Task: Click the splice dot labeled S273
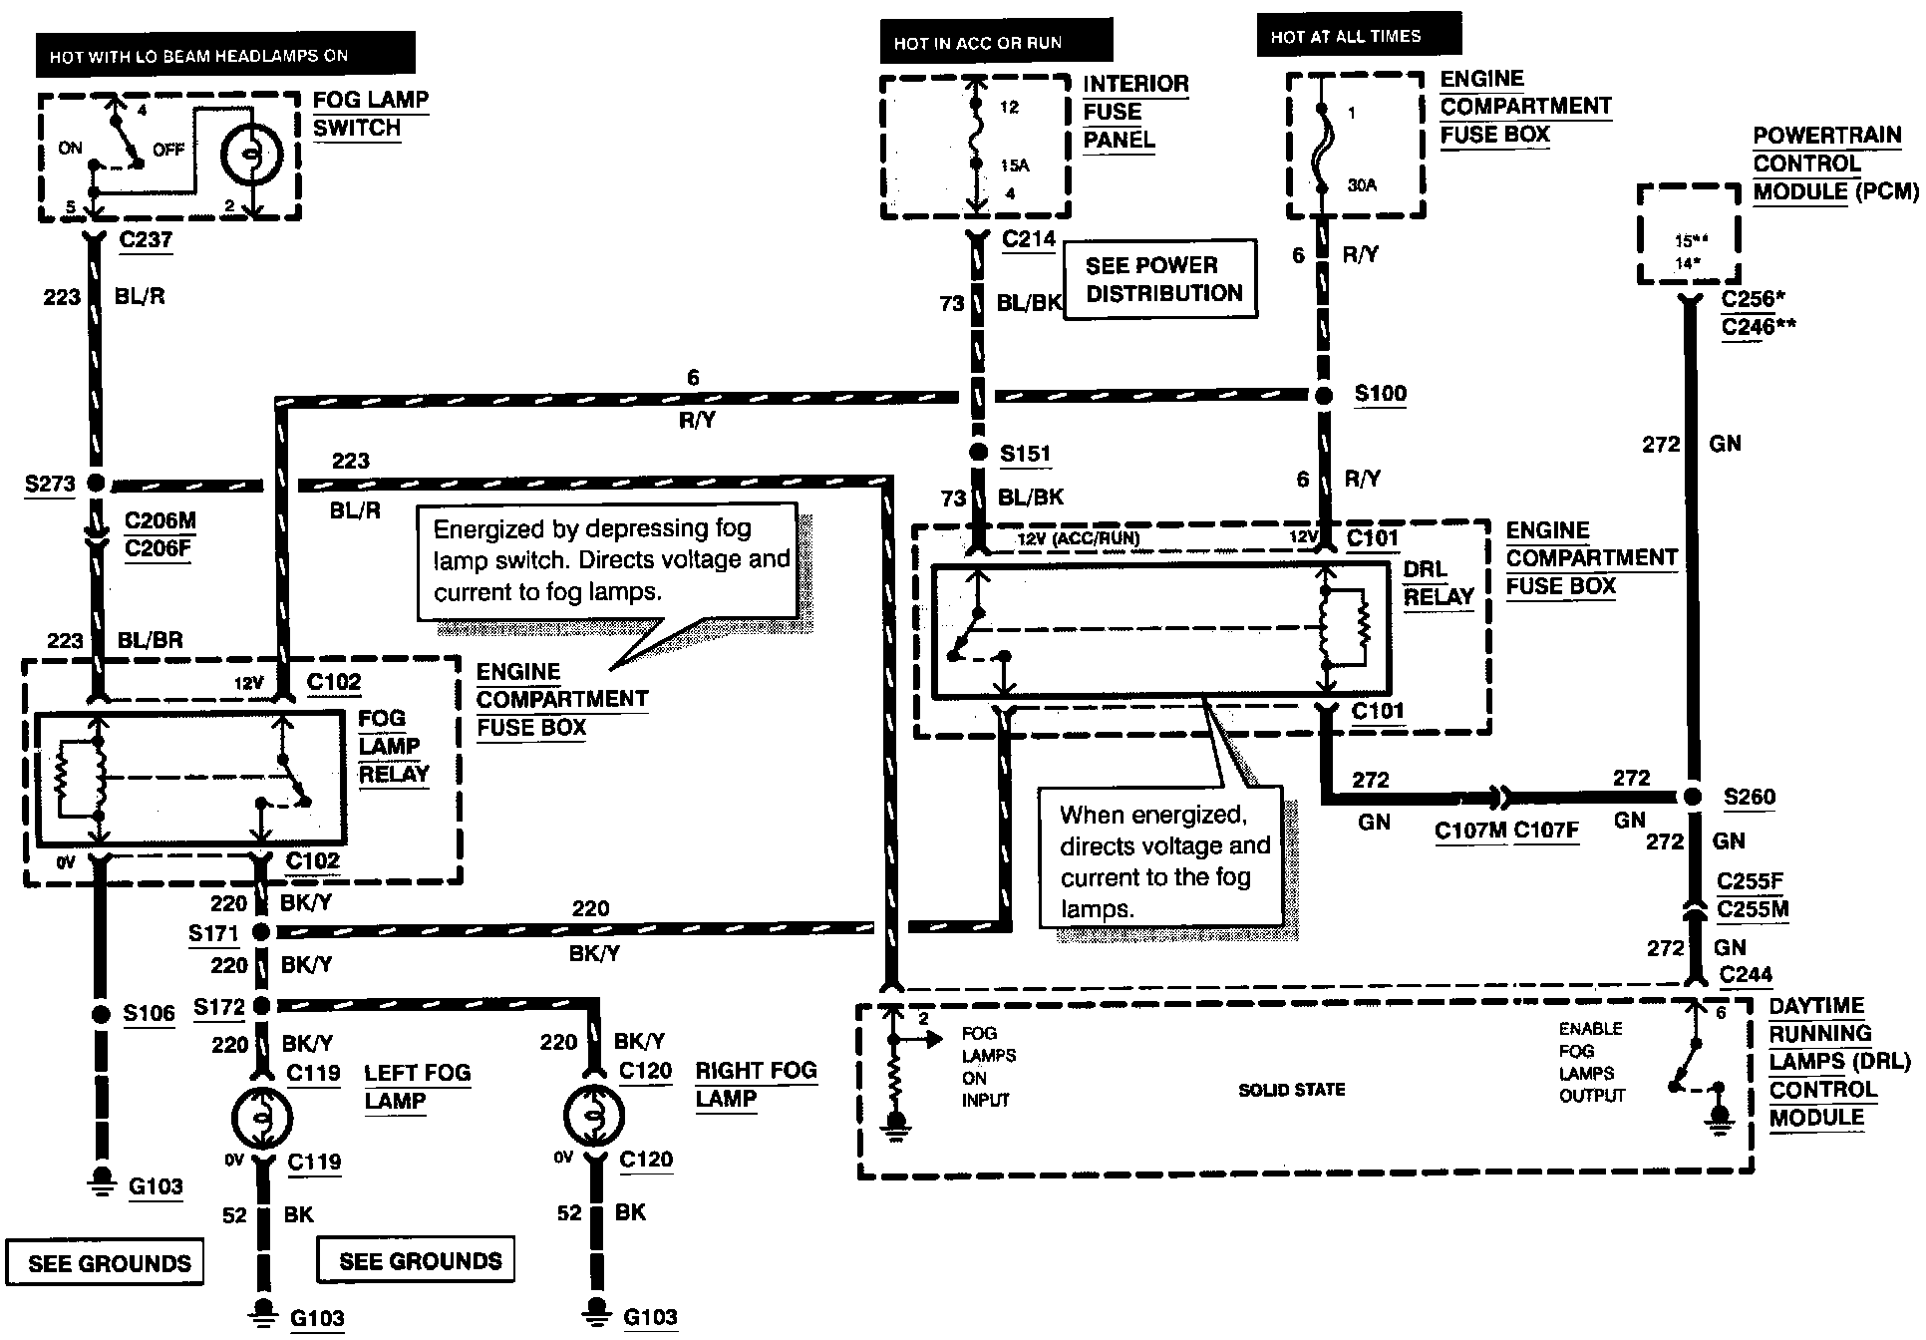(x=96, y=484)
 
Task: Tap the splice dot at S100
(x=1323, y=395)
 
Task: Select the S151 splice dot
(x=978, y=453)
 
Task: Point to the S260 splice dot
(x=1691, y=797)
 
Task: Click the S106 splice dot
(x=100, y=1014)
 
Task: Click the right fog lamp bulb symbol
(x=593, y=1116)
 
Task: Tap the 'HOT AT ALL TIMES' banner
(x=1358, y=36)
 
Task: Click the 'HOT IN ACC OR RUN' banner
(x=995, y=43)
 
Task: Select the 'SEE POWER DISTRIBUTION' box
(x=1160, y=279)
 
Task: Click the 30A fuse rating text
(x=1362, y=184)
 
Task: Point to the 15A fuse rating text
(x=1015, y=165)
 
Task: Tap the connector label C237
(x=146, y=239)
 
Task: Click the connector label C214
(x=1029, y=239)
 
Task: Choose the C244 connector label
(x=1746, y=974)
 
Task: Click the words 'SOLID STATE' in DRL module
(x=1291, y=1090)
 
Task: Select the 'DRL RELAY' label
(x=1438, y=583)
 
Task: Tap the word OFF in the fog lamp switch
(x=168, y=149)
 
